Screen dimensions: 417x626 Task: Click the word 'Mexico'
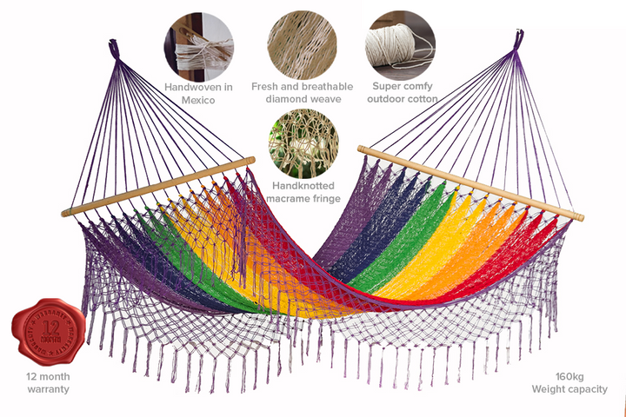click(x=198, y=100)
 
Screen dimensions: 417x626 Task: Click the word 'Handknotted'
click(x=300, y=185)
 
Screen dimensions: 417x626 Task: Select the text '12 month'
click(x=48, y=376)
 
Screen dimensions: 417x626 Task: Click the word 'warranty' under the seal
click(x=47, y=389)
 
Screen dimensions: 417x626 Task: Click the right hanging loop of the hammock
click(x=517, y=40)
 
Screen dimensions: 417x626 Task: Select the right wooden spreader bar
click(x=469, y=182)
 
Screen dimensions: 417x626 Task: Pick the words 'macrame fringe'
click(x=300, y=197)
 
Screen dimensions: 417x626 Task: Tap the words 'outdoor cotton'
click(x=402, y=99)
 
